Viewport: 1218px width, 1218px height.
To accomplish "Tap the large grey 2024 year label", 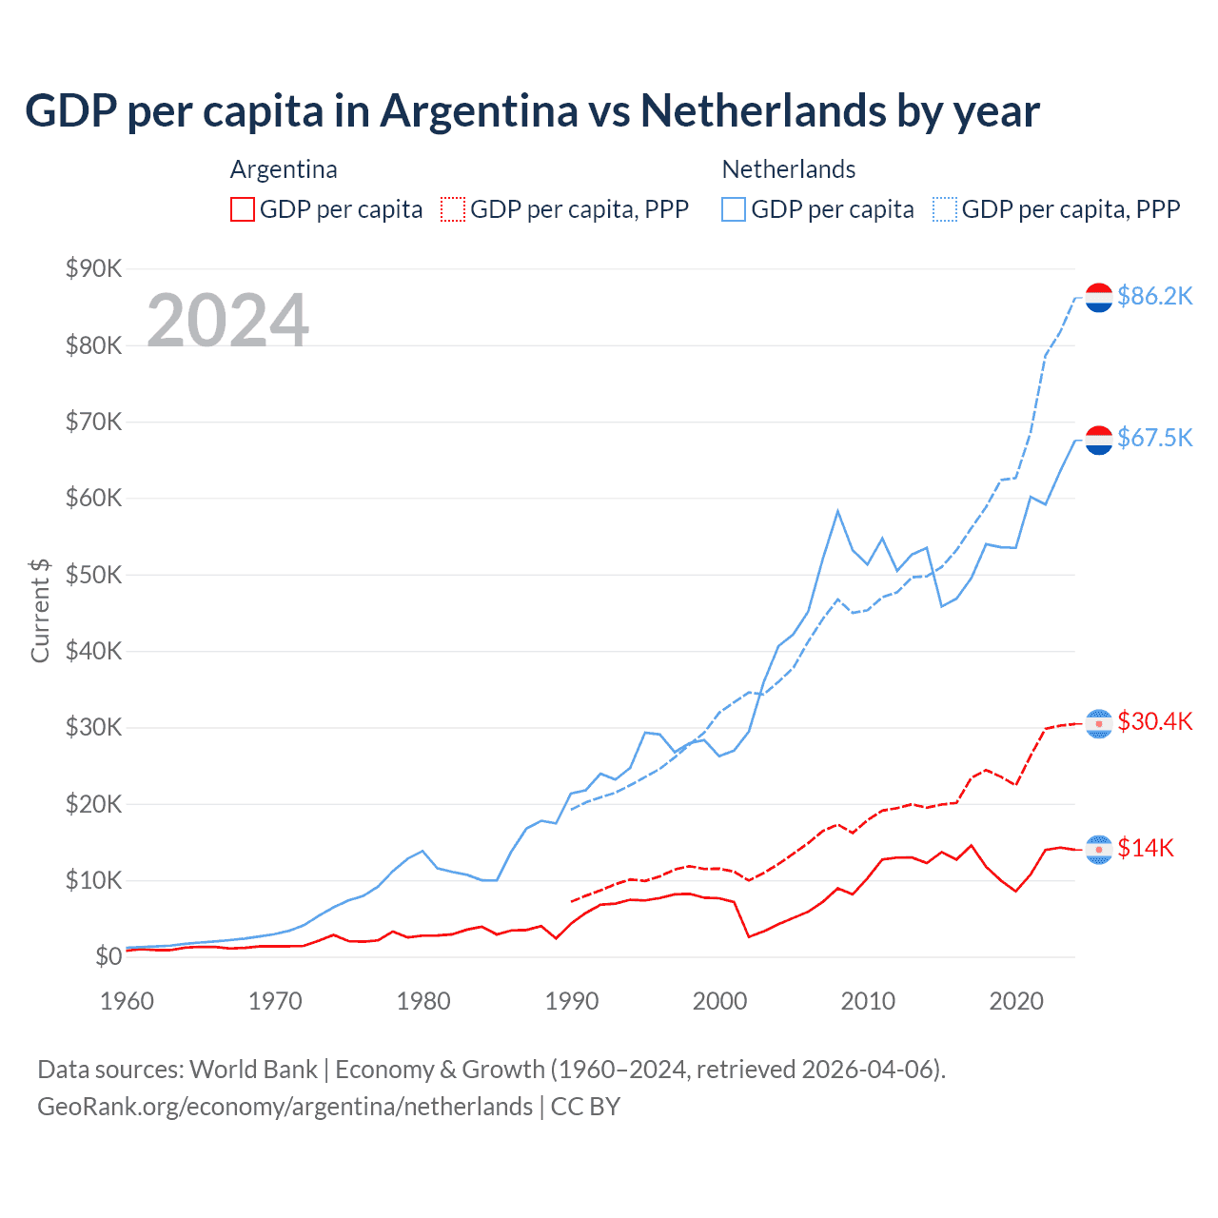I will pos(227,321).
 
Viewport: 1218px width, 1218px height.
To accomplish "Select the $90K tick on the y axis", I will pos(93,268).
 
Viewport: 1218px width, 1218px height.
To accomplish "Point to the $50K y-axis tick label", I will pos(93,575).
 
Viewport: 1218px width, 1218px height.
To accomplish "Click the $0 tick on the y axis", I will pos(108,956).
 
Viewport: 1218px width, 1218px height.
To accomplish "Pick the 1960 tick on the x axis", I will pos(127,1001).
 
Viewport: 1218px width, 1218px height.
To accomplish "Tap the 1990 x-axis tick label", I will pos(572,1001).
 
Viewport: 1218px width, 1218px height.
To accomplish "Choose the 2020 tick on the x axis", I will pos(1016,1001).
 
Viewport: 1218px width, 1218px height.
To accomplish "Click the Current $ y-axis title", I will pos(40,611).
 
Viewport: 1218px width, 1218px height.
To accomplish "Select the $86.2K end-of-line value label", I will pos(1154,297).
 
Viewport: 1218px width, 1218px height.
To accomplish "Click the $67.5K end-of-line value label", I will pos(1154,438).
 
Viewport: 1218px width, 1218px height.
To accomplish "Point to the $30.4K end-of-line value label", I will pos(1154,721).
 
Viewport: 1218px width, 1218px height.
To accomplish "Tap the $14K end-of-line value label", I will pos(1146,848).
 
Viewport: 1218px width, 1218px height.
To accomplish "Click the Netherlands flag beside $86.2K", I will pos(1099,298).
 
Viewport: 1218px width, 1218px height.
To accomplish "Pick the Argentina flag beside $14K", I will pos(1099,849).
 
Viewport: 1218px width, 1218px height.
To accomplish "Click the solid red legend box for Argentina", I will pos(243,209).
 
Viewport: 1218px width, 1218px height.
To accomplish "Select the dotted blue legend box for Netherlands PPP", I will pos(945,209).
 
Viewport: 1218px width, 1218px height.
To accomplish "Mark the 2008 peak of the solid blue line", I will pos(837,511).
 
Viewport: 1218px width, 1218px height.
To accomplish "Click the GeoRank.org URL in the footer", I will pos(285,1107).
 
